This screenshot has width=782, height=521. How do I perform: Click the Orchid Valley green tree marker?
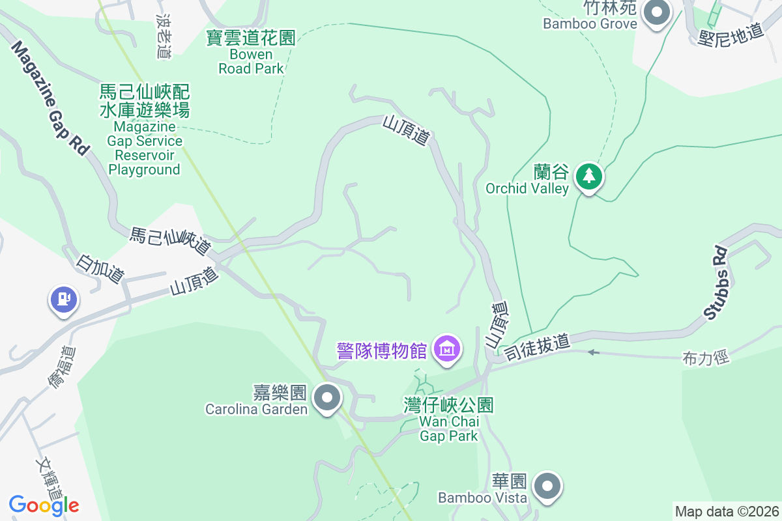click(589, 176)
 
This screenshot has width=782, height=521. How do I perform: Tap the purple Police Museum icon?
click(448, 348)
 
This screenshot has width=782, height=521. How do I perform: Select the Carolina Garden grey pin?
click(327, 397)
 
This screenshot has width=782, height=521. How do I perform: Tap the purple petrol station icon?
click(63, 300)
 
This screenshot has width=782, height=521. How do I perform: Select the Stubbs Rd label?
click(716, 281)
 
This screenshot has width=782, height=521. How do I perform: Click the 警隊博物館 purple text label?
click(383, 350)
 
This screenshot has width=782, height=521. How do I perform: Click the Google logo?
click(44, 505)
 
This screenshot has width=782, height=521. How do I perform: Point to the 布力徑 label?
click(706, 357)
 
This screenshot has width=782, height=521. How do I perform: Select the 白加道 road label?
click(100, 268)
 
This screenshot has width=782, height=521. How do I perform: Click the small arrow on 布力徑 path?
click(592, 352)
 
